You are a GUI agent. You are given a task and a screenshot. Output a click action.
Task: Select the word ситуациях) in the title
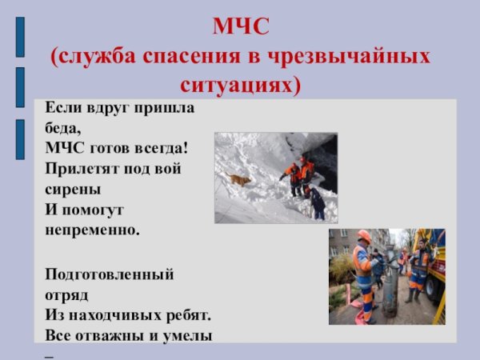pos(241,83)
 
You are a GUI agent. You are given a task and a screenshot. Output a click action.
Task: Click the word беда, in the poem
pos(63,127)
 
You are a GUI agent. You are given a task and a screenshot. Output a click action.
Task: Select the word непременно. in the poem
pos(92,231)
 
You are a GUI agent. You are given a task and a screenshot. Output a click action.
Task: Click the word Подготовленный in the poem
pos(109,274)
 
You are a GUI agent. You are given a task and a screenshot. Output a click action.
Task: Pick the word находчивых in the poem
pos(121,315)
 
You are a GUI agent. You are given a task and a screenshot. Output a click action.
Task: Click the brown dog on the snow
pos(239,179)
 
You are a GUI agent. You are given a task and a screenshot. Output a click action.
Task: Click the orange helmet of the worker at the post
pos(364,235)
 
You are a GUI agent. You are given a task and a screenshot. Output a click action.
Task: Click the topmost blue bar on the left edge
pos(20,37)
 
